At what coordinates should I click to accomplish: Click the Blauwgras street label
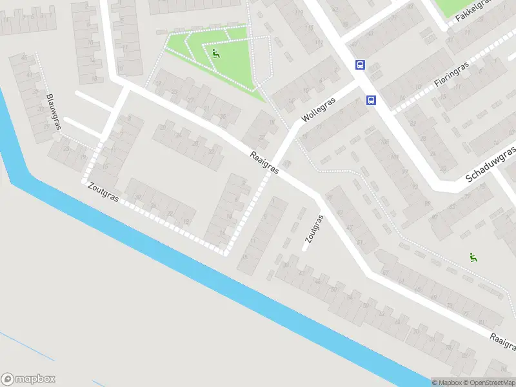54,112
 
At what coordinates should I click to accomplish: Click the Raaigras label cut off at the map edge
502,342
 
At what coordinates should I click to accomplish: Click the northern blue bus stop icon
360,64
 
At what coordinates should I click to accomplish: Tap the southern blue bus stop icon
372,100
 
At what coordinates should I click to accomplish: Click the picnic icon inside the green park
215,54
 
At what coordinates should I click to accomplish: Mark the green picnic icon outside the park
473,257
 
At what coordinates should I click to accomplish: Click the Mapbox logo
28,379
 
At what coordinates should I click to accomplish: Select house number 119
299,13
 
